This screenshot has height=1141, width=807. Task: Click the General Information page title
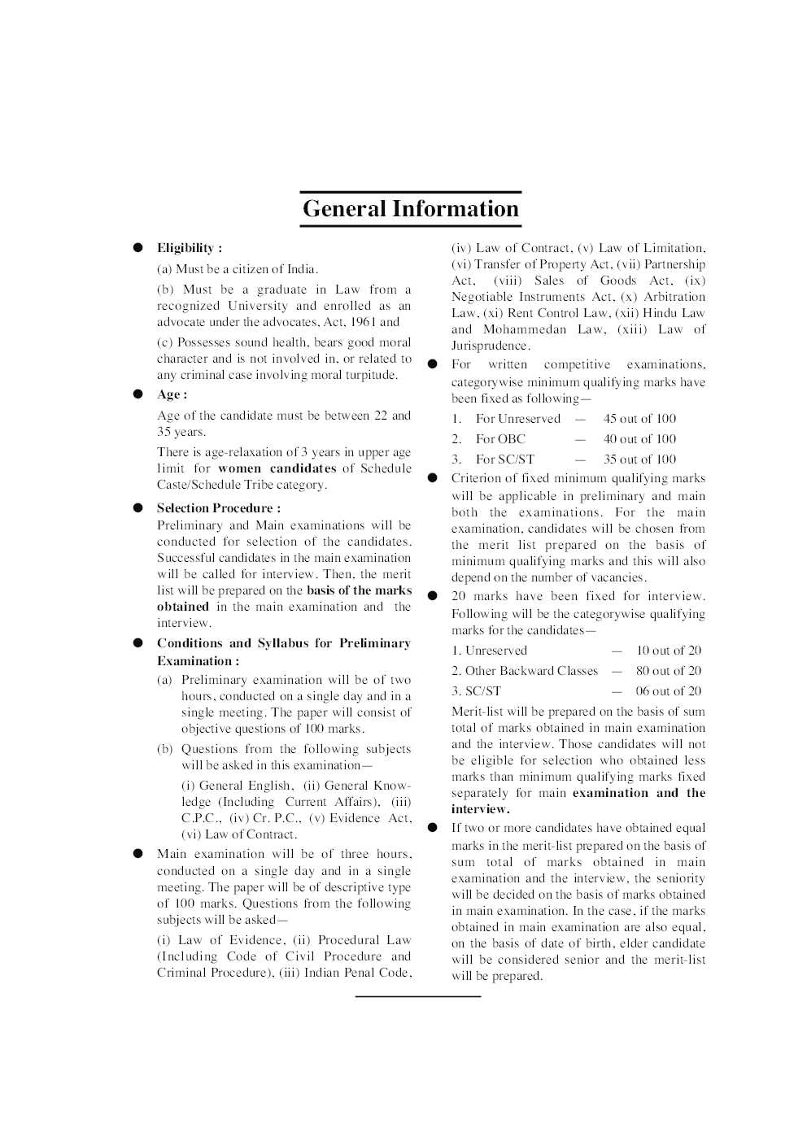(410, 209)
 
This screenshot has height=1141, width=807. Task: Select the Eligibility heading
(189, 248)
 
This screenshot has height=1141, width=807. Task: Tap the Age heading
(172, 394)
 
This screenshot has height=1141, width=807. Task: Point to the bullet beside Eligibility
(138, 247)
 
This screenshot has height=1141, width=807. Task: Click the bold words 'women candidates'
(277, 468)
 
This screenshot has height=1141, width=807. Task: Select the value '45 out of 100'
(639, 419)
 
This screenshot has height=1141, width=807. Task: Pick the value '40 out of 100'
(639, 439)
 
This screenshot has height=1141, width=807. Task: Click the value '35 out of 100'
(639, 459)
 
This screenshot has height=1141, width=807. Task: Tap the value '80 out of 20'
(668, 671)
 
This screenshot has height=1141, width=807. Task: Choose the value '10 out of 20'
(668, 651)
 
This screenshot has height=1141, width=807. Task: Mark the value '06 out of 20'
(668, 691)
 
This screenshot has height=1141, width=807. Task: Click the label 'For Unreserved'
(518, 419)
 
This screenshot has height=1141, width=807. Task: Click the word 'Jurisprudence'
(490, 346)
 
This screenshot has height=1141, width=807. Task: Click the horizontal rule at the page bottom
(417, 996)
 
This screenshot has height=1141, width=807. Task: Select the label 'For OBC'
(500, 439)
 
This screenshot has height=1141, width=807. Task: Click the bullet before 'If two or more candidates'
(433, 828)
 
